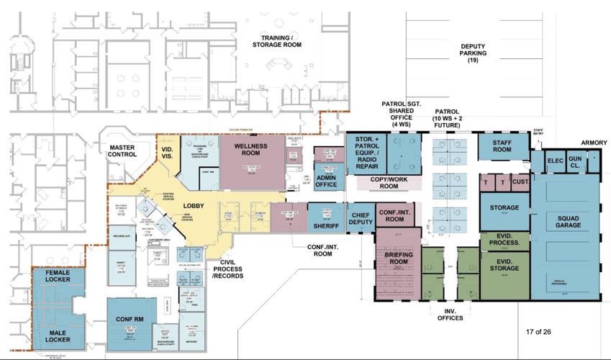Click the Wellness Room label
point(250,150)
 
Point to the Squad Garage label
point(566,222)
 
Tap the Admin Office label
point(326,181)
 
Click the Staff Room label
point(502,146)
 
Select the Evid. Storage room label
point(504,266)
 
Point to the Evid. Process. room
point(504,240)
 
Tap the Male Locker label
point(58,336)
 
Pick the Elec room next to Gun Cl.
point(554,161)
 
